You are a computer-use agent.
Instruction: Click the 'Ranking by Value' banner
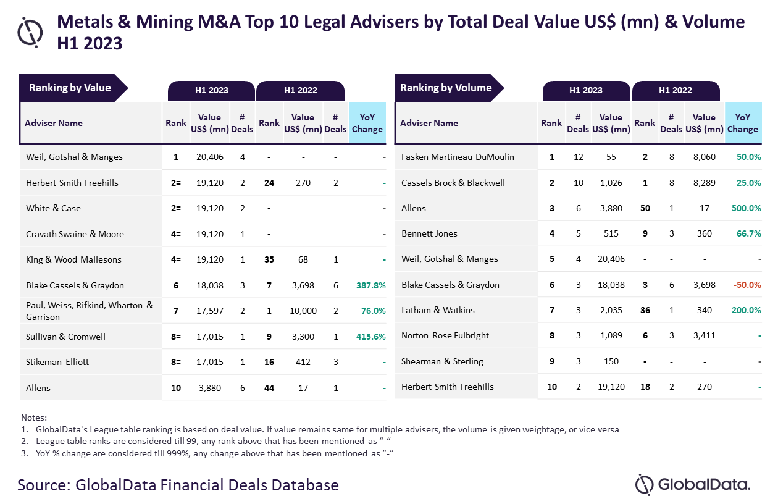tap(70, 88)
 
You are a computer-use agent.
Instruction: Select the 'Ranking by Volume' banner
tap(446, 88)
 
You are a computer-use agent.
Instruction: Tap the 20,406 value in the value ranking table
tap(209, 157)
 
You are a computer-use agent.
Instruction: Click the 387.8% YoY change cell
tap(370, 285)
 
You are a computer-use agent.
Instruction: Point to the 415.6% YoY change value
tap(370, 337)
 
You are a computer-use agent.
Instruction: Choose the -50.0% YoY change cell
tap(745, 285)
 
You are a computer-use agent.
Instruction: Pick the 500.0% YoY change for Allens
tap(745, 208)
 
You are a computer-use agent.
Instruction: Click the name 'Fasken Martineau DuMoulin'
tap(458, 157)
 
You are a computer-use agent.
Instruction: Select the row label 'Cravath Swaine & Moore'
tap(75, 234)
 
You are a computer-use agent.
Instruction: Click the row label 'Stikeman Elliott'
tap(57, 362)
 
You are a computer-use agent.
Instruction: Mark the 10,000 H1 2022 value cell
tap(303, 311)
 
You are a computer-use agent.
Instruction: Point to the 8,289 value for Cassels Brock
tap(704, 183)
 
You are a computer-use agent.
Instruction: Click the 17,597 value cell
tap(209, 311)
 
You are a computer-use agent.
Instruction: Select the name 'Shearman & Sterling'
tap(442, 361)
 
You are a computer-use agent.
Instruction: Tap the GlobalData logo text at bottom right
tap(703, 484)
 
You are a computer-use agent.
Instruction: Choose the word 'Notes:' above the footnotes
tap(34, 418)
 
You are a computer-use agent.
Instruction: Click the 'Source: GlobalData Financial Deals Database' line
tap(178, 484)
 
